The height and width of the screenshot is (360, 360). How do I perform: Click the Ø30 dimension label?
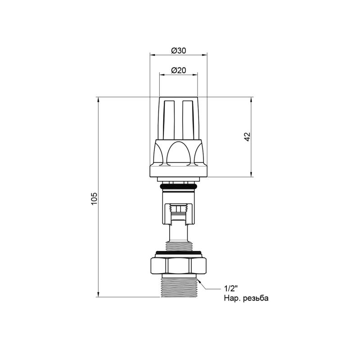[178, 50]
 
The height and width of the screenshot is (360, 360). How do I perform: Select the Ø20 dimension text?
[178, 70]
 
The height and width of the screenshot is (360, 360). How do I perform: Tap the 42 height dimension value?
[247, 137]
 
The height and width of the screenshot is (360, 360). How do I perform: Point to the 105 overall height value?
[94, 199]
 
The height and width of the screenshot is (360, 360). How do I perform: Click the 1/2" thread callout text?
[230, 288]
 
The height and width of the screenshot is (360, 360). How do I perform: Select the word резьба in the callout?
[256, 298]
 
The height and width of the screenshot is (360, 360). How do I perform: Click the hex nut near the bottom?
[179, 265]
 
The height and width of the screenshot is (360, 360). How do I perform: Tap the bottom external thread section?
[179, 288]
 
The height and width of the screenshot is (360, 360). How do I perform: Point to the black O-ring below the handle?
[178, 187]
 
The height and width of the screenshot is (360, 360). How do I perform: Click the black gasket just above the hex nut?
[179, 253]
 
